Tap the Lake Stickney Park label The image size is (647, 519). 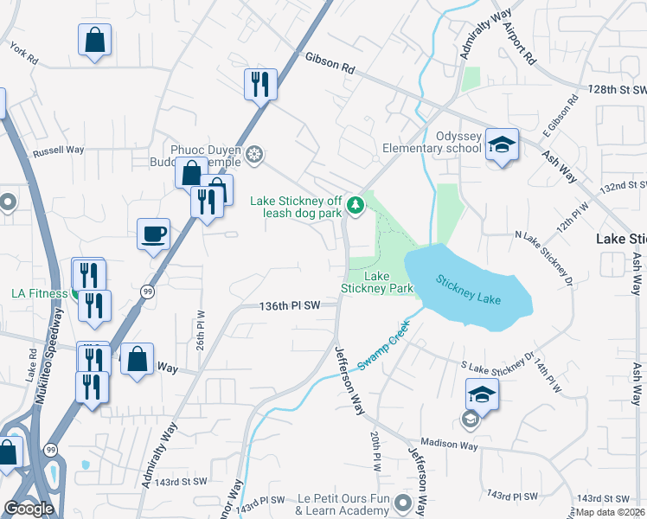[376, 282]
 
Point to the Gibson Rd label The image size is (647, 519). [330, 62]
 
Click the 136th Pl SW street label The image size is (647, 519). [290, 305]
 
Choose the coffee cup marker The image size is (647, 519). [154, 234]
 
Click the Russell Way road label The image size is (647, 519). [58, 151]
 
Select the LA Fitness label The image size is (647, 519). [39, 293]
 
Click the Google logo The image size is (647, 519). [29, 509]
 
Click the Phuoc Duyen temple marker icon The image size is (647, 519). [254, 154]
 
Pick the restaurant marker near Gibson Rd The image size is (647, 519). [260, 84]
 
